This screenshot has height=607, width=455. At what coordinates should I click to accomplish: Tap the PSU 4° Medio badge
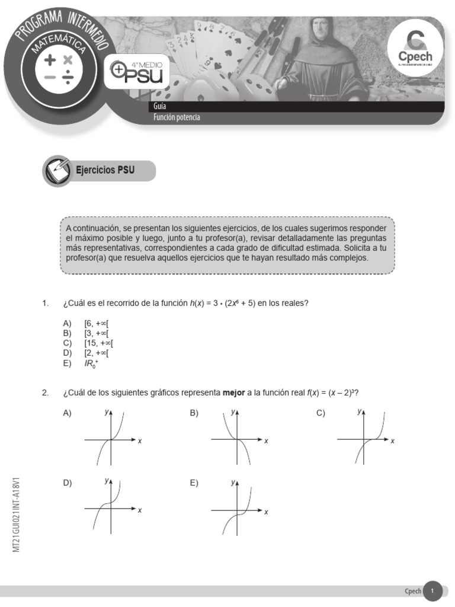137,72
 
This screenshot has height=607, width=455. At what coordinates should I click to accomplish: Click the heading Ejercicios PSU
105,171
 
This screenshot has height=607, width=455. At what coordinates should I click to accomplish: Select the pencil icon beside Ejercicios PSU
57,171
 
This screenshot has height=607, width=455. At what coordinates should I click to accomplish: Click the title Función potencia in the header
177,117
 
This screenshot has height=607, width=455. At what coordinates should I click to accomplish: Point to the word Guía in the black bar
159,107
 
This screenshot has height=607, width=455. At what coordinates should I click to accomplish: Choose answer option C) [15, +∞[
98,343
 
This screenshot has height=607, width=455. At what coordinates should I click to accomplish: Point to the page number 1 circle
432,591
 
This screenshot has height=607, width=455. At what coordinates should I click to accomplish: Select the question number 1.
45,303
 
